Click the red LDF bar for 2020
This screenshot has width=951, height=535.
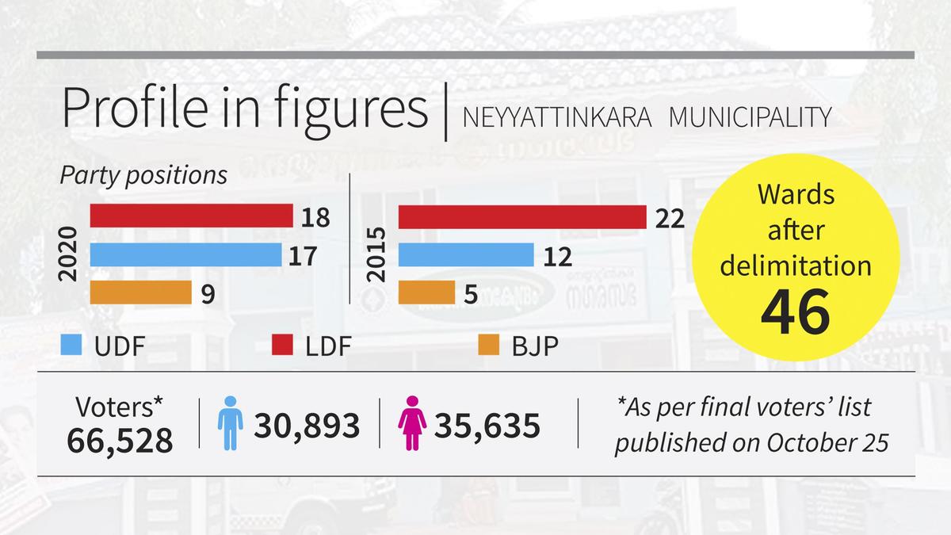click(x=192, y=216)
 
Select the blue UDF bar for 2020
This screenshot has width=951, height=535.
click(x=186, y=255)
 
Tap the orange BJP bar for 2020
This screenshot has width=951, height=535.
click(x=141, y=292)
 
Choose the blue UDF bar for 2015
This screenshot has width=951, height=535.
click(x=465, y=255)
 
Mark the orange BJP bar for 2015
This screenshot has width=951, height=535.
click(x=426, y=292)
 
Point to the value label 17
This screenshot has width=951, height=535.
click(x=303, y=256)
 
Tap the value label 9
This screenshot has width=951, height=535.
click(x=207, y=294)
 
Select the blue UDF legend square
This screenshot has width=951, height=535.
click(x=71, y=346)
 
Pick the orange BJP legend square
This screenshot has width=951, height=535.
click(x=488, y=346)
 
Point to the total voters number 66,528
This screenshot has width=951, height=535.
click(x=120, y=441)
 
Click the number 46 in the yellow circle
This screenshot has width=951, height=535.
click(x=795, y=311)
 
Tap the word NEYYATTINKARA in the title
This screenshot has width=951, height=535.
click(x=557, y=117)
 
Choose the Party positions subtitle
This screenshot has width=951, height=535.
click(x=144, y=174)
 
